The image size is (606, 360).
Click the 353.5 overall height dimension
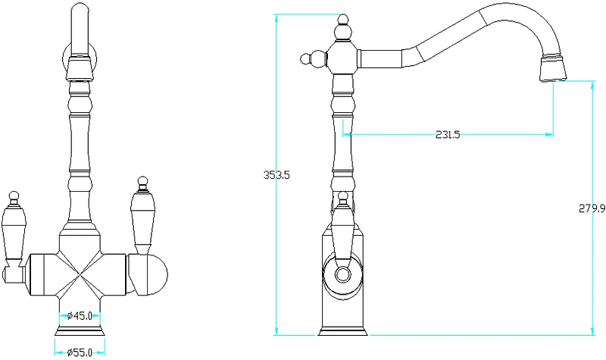[276, 175]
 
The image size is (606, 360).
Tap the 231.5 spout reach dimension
[448, 135]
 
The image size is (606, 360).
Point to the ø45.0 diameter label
[80, 316]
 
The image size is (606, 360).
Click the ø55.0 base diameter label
[80, 352]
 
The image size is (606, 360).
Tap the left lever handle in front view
[13, 232]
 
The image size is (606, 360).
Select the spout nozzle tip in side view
[553, 68]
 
